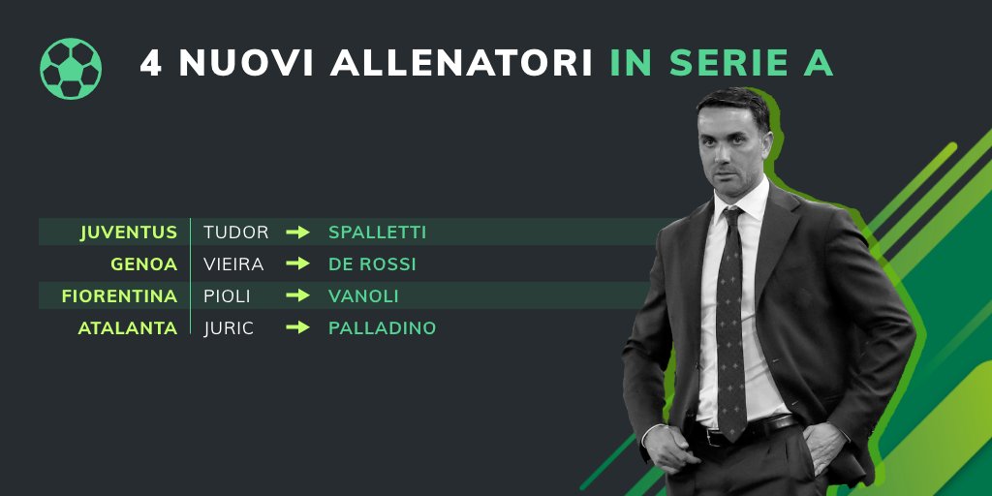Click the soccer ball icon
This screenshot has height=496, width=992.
[71, 68]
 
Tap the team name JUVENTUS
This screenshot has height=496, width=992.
[129, 232]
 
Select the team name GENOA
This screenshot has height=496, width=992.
[144, 264]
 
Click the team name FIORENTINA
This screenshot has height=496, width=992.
[119, 296]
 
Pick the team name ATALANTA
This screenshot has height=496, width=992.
[128, 328]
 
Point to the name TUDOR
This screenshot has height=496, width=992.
[236, 232]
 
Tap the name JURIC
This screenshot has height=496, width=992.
[229, 328]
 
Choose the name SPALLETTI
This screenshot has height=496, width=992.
[378, 232]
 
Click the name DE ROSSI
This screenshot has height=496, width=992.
[373, 264]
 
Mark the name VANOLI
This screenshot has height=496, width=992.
[363, 296]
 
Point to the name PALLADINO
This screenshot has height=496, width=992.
[383, 328]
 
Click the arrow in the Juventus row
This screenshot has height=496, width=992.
[298, 232]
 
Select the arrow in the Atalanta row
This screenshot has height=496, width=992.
[298, 328]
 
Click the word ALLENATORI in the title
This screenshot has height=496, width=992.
[461, 63]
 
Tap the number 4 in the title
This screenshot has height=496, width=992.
[151, 63]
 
